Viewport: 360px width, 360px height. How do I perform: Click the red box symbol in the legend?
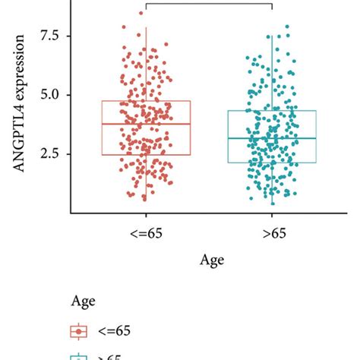point(79,331)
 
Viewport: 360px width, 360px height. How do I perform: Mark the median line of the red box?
point(145,124)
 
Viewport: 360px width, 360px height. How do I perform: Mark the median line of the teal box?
point(272,138)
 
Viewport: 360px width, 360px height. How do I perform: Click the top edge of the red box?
point(145,101)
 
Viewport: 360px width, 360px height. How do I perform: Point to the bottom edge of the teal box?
point(272,163)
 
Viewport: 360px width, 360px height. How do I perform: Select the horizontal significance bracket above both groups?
point(208,4)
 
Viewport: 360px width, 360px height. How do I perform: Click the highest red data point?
point(141,13)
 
